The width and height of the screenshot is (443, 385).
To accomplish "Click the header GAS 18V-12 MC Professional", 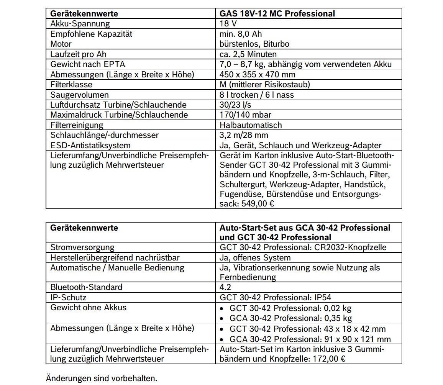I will coord(277,14).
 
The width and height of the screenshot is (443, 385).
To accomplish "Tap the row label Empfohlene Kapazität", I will coord(91,34).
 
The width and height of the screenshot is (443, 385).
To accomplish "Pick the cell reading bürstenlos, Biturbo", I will coord(254,44).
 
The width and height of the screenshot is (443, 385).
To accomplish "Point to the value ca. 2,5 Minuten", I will coord(248,54).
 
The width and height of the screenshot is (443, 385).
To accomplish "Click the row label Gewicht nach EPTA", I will coord(88,64).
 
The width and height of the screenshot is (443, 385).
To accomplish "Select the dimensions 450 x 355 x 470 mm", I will coord(258,75).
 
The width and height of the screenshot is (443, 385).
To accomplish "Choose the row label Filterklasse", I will coord(71,85).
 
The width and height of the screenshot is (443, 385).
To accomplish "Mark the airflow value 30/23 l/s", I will coord(235,105).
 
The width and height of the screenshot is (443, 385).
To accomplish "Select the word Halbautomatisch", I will coord(251,125).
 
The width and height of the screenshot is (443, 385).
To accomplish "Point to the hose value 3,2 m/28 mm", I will coord(244,135).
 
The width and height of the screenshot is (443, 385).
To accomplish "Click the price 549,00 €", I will coord(258,204).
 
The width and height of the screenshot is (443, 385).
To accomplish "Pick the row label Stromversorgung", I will coord(82,247).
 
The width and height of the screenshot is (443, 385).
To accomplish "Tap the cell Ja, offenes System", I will coord(255,258).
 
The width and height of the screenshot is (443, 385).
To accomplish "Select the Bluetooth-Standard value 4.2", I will coord(225,287).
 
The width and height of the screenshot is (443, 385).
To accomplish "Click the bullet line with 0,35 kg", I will coord(290,318).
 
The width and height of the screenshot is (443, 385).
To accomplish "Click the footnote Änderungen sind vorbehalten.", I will coord(101,378).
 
